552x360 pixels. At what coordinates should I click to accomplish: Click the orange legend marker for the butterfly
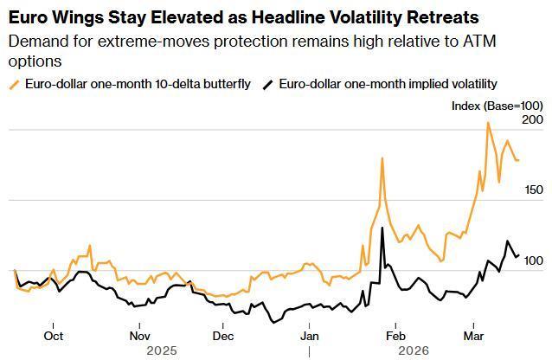(13, 84)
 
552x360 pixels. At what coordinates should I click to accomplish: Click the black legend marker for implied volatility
(268, 84)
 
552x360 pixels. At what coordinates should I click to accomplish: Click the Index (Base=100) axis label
(497, 106)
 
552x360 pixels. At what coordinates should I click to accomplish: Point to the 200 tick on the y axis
(532, 119)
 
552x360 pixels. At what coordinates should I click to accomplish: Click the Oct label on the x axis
(54, 336)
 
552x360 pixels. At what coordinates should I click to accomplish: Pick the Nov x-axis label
(139, 336)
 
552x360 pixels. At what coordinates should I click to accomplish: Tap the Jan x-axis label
(310, 336)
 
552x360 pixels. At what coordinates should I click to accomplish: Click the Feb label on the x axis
(395, 336)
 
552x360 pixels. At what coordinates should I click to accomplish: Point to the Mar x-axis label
(473, 336)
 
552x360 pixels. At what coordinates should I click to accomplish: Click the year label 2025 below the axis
(162, 350)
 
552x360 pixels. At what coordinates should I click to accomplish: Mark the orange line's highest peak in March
(488, 123)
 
